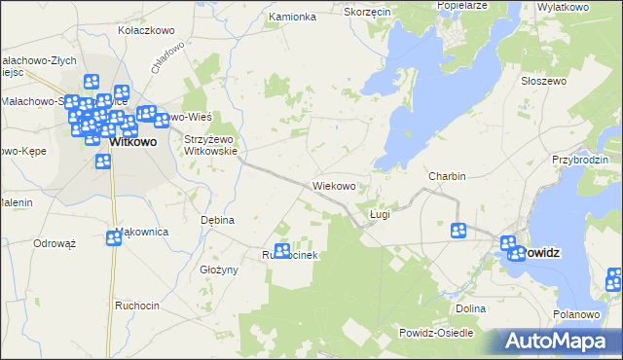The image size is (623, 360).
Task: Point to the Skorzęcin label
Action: click(x=367, y=12)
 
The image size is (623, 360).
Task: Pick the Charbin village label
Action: click(x=447, y=176)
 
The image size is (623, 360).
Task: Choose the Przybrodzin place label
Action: click(x=579, y=160)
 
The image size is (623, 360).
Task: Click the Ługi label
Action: click(x=380, y=214)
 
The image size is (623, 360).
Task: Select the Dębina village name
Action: click(x=217, y=220)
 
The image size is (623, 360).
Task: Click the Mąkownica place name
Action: click(x=142, y=232)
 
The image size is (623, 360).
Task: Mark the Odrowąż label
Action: click(x=55, y=243)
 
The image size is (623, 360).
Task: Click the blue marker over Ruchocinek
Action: click(x=282, y=250)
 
